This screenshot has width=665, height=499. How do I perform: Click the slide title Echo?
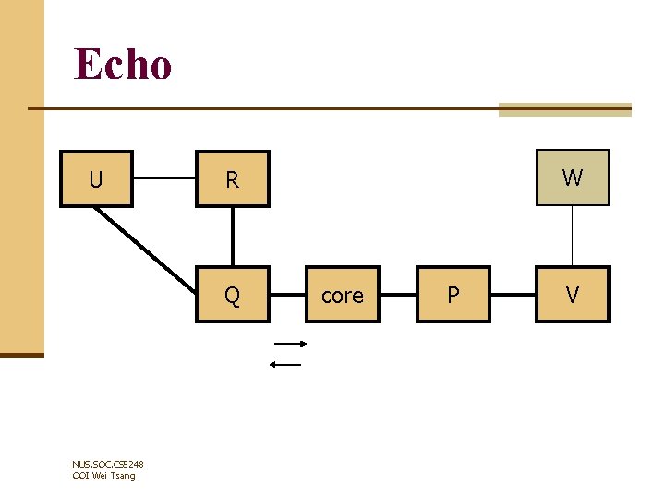[123, 65]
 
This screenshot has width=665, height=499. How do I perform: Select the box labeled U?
[96, 178]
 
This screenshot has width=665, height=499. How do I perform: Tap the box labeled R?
[232, 178]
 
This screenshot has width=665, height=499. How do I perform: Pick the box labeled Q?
[232, 295]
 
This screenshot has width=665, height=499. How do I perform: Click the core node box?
[342, 295]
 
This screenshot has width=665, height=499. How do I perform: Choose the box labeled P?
[453, 295]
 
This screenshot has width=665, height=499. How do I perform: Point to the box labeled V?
[573, 295]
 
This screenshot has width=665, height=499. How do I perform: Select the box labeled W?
[573, 177]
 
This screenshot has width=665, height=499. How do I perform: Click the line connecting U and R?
[163, 178]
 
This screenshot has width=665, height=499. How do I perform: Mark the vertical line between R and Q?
[232, 237]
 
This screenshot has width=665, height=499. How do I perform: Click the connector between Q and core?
[286, 295]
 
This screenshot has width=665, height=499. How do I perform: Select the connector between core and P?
[397, 295]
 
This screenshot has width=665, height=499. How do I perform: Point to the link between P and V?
[513, 295]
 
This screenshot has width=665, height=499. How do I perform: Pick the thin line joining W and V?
[573, 237]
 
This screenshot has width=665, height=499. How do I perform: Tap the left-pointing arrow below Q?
[285, 364]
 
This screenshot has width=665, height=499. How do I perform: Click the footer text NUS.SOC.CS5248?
[107, 464]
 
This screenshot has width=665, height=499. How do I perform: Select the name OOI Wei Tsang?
[103, 475]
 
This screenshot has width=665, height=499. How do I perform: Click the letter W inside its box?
[573, 177]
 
